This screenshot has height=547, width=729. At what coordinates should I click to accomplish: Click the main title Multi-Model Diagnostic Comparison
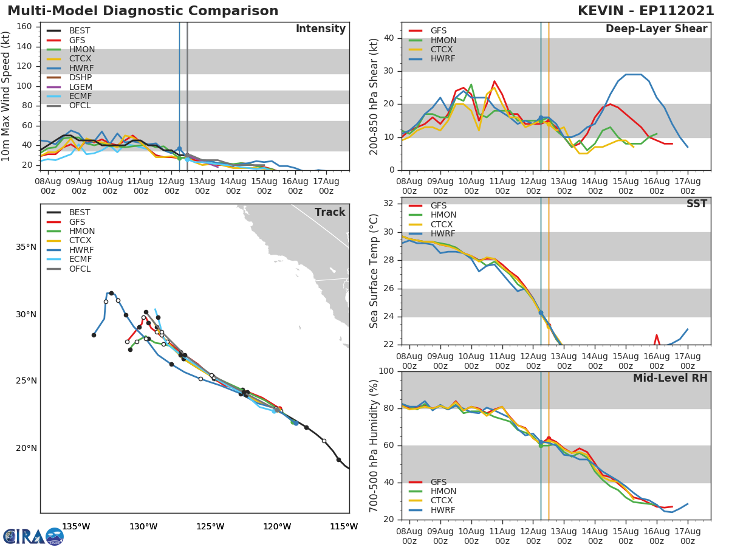pyautogui.click(x=143, y=11)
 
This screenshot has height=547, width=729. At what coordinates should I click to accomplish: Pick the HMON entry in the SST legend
pyautogui.click(x=443, y=215)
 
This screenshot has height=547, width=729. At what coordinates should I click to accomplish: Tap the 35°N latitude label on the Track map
pyautogui.click(x=26, y=247)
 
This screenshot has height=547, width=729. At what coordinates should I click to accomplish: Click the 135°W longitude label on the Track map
pyautogui.click(x=75, y=526)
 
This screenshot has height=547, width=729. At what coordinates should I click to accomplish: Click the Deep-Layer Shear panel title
pyautogui.click(x=656, y=29)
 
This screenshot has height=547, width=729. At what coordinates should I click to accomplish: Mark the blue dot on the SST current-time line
pyautogui.click(x=541, y=312)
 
